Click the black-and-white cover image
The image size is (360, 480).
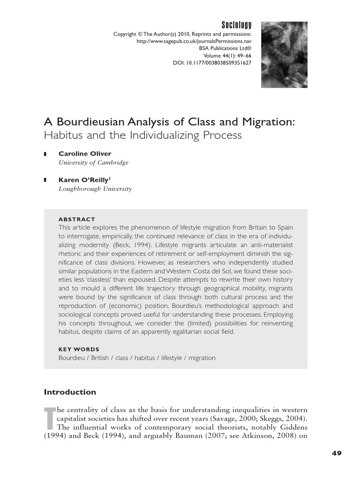(x=284, y=54)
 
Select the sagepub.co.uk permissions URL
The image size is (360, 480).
(x=194, y=41)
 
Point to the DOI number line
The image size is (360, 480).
(x=212, y=62)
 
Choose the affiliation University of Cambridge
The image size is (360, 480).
(x=93, y=163)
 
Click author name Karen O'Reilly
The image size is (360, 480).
(x=83, y=180)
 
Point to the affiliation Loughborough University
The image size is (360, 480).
(x=95, y=189)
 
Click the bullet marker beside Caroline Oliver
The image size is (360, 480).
(x=45, y=154)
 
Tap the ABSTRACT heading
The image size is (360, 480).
(x=76, y=219)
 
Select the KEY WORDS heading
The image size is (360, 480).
(x=79, y=349)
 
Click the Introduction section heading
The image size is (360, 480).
(x=70, y=392)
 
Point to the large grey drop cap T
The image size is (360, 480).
(x=49, y=418)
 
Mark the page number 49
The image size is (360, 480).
(x=336, y=453)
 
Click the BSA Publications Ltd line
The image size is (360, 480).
(x=225, y=48)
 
